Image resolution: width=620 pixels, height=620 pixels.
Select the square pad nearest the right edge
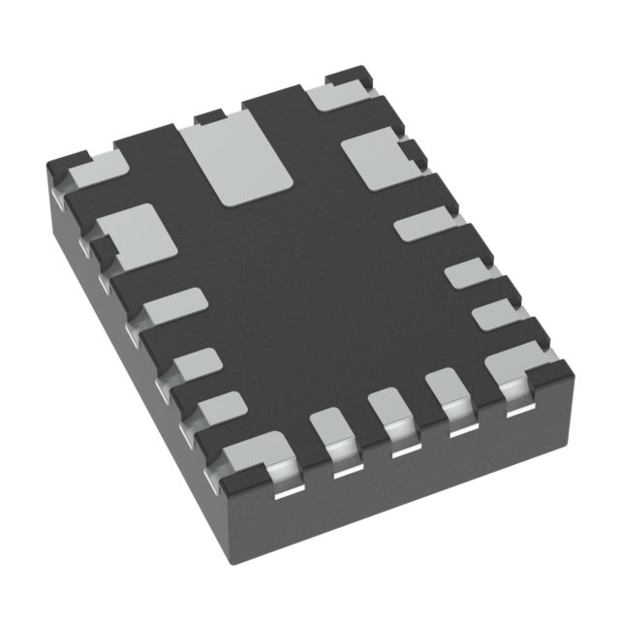point(373,159)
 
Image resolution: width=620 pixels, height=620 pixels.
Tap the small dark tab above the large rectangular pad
point(207,118)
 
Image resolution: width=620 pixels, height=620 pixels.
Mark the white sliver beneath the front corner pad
point(283,492)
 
